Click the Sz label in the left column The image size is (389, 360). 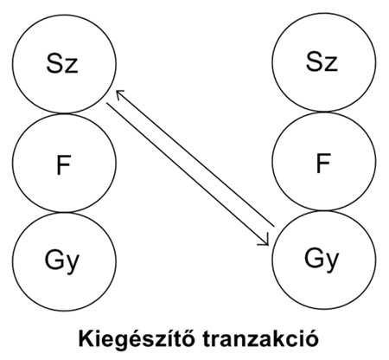pos(62,63)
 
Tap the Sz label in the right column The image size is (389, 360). pos(322,61)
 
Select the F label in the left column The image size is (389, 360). pos(63,164)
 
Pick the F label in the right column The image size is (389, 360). pos(323,163)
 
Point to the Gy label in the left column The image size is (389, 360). pos(62,260)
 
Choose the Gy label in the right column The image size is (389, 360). pos(322,259)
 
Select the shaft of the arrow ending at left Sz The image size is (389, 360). pos(194,158)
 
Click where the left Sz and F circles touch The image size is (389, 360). pos(65,113)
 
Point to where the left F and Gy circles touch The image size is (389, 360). pos(65,212)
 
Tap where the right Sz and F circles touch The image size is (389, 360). pos(324,112)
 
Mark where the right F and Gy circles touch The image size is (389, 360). pos(324,210)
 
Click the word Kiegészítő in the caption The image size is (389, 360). pos(137,338)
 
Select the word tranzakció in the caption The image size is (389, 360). pos(260,338)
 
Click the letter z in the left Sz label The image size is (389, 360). pos(71,66)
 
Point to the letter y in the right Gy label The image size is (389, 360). pos(332,261)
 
